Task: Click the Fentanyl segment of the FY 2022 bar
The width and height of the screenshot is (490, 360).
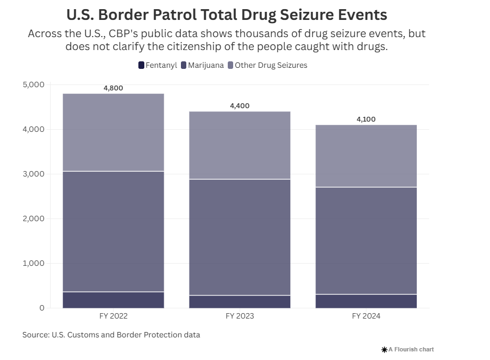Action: coord(113,300)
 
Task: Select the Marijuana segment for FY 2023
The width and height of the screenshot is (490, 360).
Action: coord(240,237)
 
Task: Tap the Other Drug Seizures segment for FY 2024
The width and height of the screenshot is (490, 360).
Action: coord(366,156)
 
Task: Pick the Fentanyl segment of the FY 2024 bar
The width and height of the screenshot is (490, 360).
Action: coord(366,301)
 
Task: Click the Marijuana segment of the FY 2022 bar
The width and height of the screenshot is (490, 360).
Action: coord(113,231)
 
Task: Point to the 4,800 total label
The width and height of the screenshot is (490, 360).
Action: coord(113,88)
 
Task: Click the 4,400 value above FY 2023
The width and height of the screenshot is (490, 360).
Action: coord(240,106)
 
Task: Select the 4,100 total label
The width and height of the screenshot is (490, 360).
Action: coord(366,119)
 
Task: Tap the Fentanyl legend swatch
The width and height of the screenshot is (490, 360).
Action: coord(142,65)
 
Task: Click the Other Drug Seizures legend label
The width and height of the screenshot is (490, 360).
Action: coord(271,65)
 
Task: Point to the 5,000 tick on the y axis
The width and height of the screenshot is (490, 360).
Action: coord(33,84)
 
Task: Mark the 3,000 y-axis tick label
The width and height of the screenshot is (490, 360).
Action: coord(33,174)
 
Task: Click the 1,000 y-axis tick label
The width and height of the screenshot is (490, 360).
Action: coord(33,263)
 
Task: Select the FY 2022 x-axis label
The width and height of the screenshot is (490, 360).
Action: coord(113,316)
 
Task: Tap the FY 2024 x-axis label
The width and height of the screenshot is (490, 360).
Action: coord(366,316)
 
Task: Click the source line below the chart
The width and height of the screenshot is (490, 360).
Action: coord(111,335)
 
